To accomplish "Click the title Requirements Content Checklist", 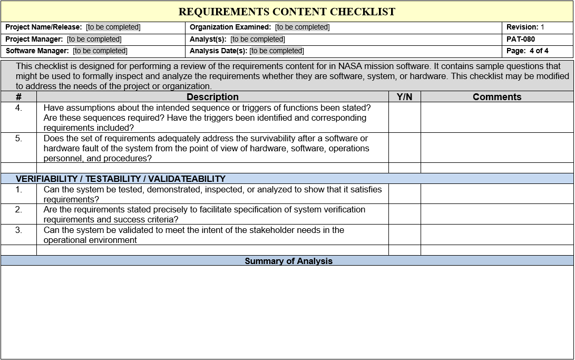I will coord(287,12).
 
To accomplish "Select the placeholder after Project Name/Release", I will coord(113,27).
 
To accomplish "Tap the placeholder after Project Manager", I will coord(94,39).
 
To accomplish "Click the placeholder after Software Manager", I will coord(100,51).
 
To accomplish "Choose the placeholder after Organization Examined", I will coord(303,27).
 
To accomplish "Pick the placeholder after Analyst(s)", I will coord(258,39).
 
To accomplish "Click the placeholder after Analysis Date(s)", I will coord(277,51).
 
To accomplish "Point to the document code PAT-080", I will coord(521,39).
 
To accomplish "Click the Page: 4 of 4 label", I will coord(527,51).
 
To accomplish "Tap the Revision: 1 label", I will coord(525,27).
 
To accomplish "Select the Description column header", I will coord(212,97).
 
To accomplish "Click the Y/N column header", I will coord(404,97).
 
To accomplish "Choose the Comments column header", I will coord(496,97).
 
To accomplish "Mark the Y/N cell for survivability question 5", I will coord(404,148).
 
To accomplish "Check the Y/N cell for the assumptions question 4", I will coord(404,118).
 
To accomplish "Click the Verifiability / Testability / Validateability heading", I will coord(121,179).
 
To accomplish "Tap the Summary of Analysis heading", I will coord(288,261).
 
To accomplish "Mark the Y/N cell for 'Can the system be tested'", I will coord(404,194).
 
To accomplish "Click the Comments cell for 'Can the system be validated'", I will coord(496,235).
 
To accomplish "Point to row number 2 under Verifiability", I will coord(18,210).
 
